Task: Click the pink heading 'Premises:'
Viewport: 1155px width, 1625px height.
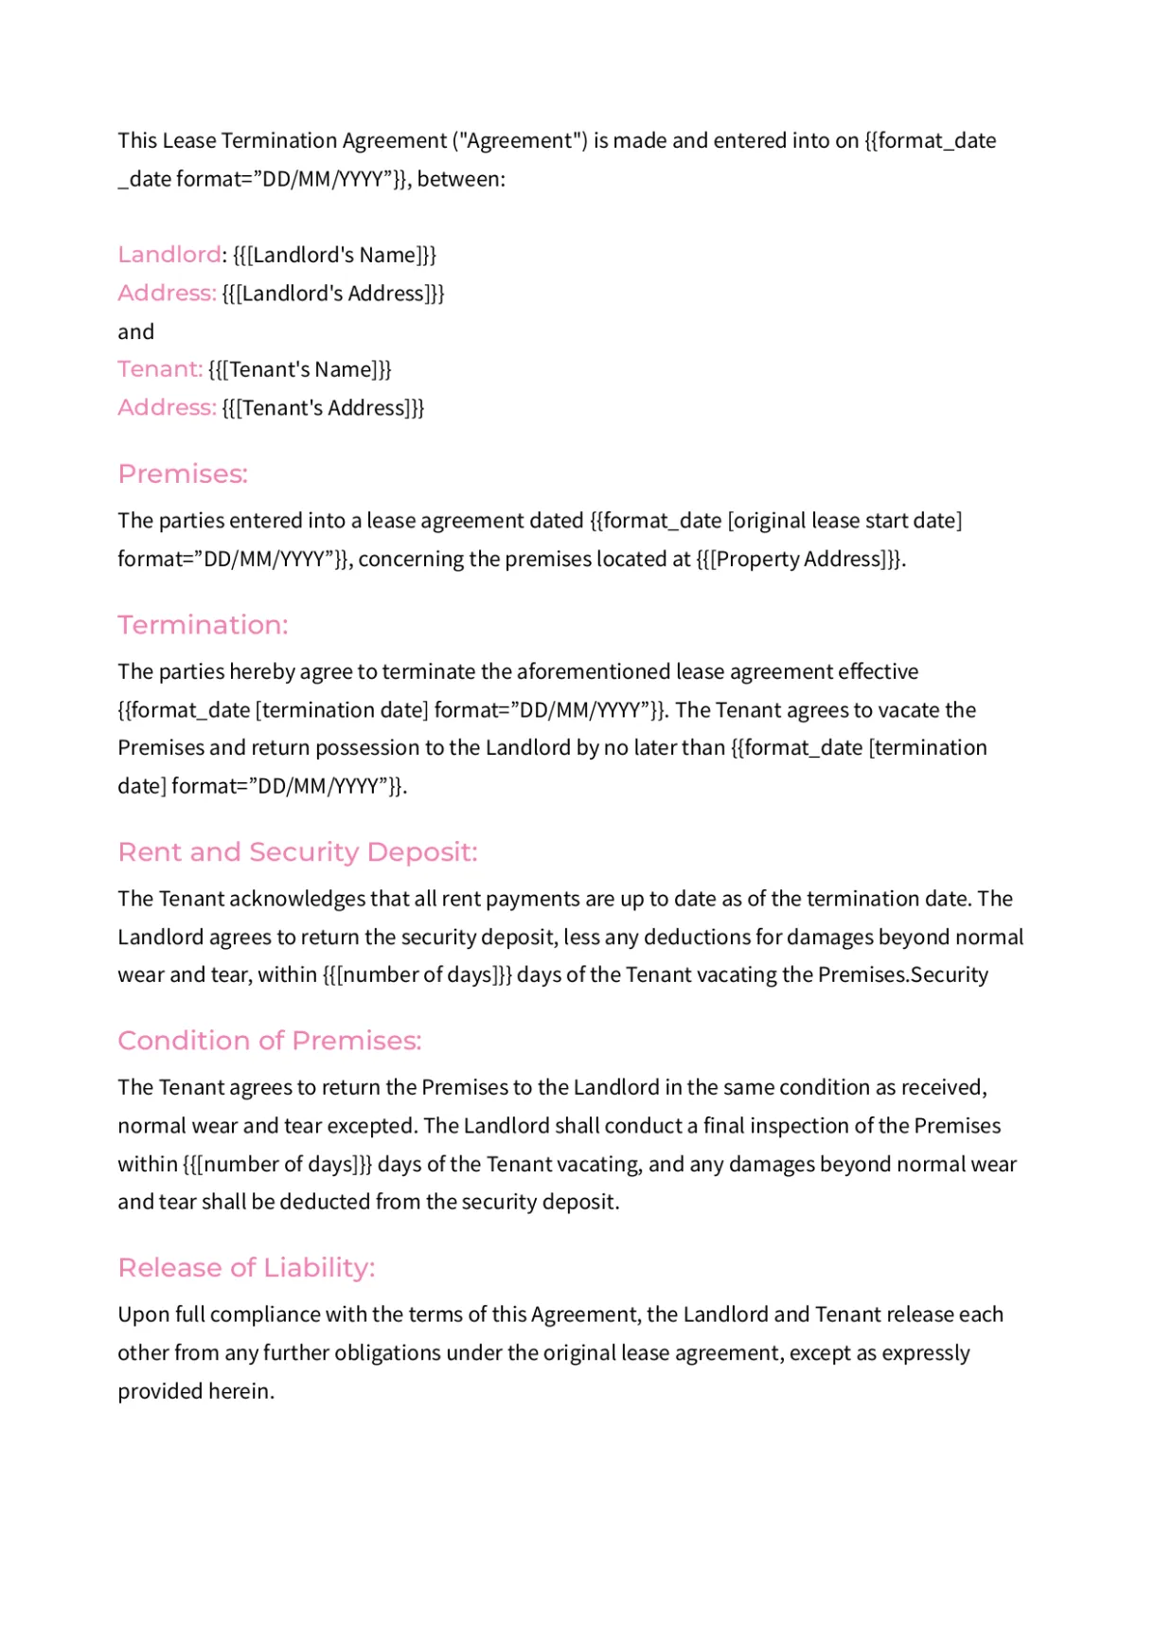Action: (183, 473)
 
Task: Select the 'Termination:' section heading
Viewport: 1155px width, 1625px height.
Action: (203, 625)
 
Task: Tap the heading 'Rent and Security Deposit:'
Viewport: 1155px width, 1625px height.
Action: (297, 852)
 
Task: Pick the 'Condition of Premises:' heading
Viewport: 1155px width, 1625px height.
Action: (269, 1041)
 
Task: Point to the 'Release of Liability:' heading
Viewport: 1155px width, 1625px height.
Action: (246, 1268)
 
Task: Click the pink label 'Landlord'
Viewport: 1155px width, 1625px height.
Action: (169, 255)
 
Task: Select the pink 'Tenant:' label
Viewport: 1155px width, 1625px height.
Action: (160, 369)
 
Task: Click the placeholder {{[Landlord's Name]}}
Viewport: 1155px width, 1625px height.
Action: (334, 256)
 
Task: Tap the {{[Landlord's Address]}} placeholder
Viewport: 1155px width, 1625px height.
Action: (333, 294)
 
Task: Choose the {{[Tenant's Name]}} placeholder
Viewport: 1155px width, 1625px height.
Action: (300, 369)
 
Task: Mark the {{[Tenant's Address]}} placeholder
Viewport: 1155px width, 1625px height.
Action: (323, 408)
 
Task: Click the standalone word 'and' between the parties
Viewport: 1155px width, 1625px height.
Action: (135, 332)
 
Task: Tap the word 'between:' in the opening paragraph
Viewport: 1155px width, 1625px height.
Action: (461, 180)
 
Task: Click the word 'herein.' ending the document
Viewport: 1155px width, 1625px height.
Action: (243, 1392)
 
